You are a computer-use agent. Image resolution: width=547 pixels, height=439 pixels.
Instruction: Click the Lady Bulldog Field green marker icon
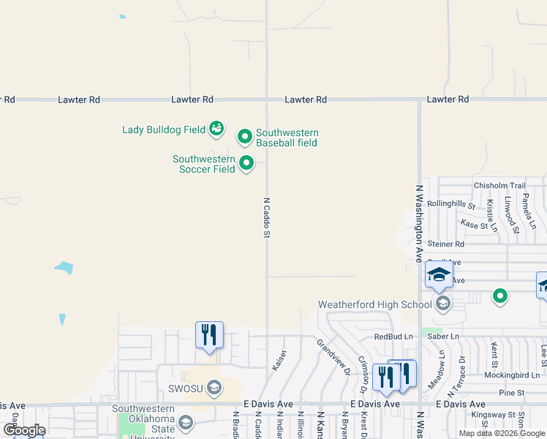point(216,130)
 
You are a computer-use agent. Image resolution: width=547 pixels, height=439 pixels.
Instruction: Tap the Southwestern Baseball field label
point(286,138)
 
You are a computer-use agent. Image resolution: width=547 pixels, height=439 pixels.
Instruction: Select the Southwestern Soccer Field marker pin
point(246,163)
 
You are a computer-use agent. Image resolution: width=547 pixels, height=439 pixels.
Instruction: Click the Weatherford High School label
point(374,304)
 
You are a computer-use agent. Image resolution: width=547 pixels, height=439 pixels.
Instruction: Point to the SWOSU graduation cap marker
point(214,386)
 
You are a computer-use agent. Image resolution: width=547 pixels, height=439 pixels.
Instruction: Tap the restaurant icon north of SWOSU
point(209,335)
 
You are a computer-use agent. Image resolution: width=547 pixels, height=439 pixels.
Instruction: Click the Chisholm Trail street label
point(499,186)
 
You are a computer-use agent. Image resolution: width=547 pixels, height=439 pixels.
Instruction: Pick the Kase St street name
point(474,225)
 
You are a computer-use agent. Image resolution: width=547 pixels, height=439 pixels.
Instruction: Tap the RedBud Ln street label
point(393,337)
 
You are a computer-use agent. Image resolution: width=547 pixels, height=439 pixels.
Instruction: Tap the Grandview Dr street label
point(333,356)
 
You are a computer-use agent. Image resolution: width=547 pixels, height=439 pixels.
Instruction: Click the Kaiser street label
point(279,359)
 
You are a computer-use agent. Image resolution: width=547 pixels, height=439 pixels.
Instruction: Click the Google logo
point(24,430)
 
